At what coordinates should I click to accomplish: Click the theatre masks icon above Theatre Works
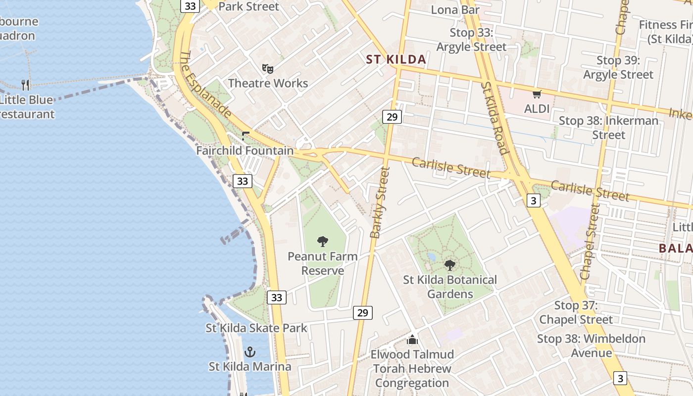268,68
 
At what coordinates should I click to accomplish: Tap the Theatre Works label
268,83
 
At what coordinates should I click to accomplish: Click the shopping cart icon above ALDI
537,94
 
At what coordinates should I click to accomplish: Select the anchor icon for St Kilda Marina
250,352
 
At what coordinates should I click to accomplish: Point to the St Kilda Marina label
249,367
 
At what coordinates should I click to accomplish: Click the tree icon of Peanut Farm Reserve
323,242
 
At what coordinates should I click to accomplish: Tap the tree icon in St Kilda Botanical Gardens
450,265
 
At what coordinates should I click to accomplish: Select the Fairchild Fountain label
245,150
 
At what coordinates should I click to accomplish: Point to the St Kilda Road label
494,118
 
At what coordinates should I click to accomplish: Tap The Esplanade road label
205,85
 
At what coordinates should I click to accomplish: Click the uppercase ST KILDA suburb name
396,60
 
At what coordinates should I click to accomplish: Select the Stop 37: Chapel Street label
576,312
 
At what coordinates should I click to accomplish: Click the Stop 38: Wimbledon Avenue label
591,346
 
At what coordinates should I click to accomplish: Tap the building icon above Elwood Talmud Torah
412,340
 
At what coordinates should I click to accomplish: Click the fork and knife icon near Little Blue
26,85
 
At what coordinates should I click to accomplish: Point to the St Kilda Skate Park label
256,328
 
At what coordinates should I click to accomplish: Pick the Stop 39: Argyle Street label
618,67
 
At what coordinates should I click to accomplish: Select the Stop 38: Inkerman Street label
608,127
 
